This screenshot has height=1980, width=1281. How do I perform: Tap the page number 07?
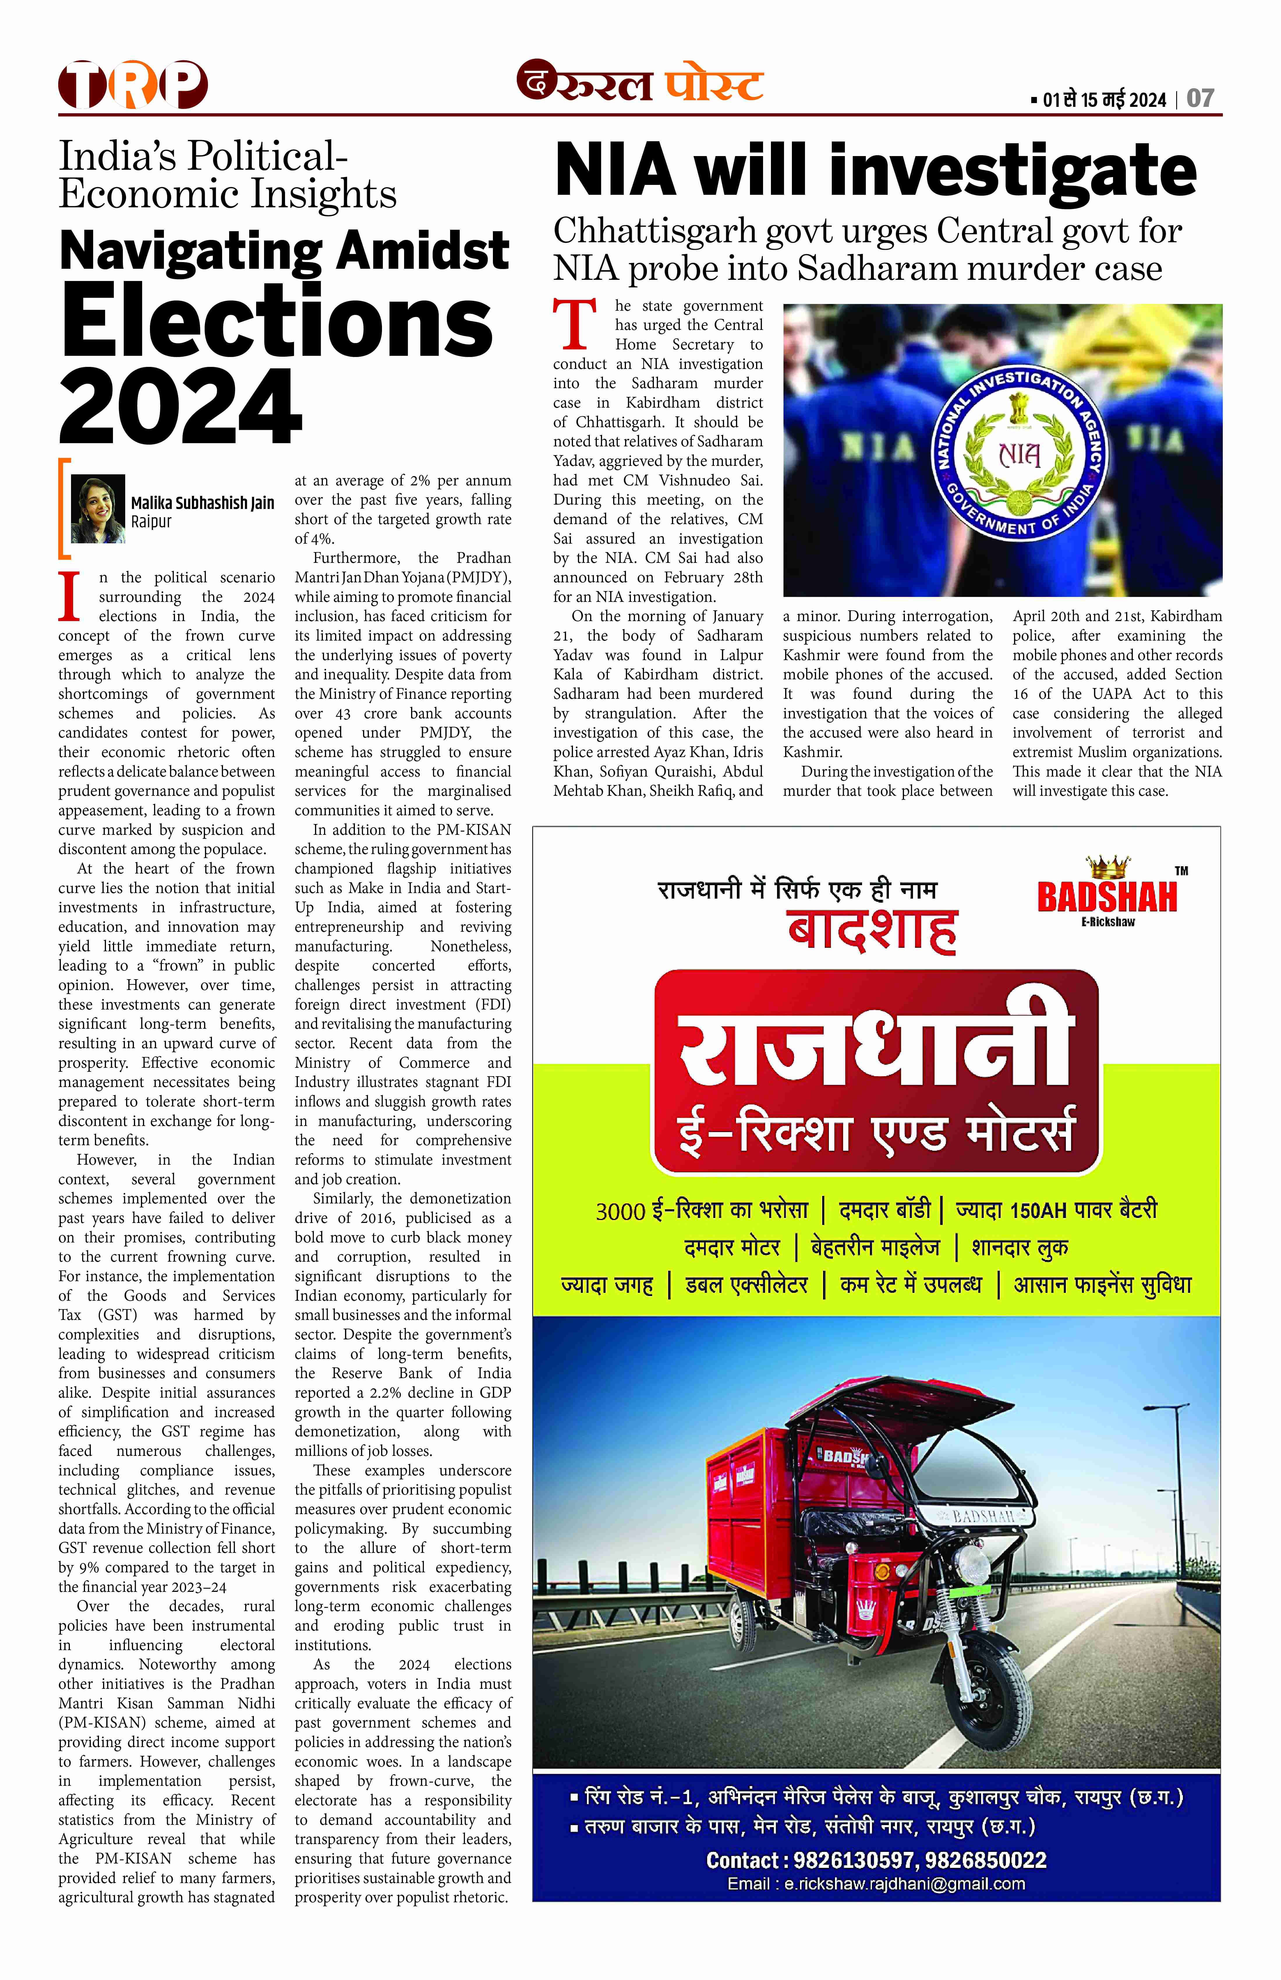1200,99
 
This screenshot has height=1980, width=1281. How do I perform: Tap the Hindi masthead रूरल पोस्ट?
640,83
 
